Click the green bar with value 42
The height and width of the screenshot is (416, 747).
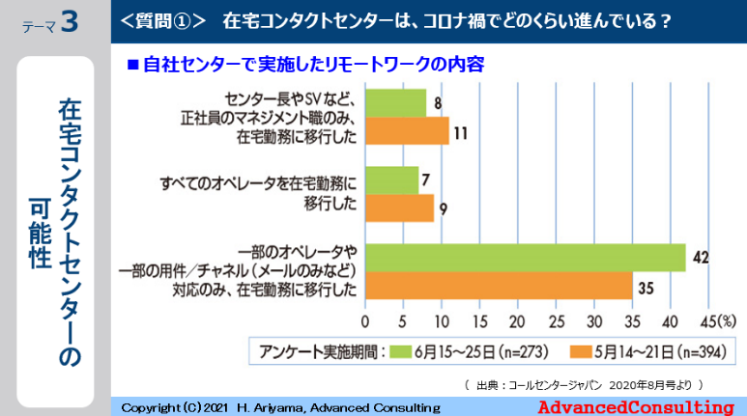tap(525, 258)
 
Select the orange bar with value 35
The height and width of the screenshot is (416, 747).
tap(499, 286)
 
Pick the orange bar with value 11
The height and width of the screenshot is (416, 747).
tap(407, 130)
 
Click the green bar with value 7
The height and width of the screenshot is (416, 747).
tap(391, 180)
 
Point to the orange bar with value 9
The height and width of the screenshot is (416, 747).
tap(399, 208)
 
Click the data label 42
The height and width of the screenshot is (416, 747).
tap(703, 258)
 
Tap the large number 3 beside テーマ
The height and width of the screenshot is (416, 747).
tap(69, 23)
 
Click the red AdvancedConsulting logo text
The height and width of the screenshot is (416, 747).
tap(635, 406)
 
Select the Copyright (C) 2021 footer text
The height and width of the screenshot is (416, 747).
tap(280, 407)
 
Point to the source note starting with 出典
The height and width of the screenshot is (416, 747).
tap(581, 383)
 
